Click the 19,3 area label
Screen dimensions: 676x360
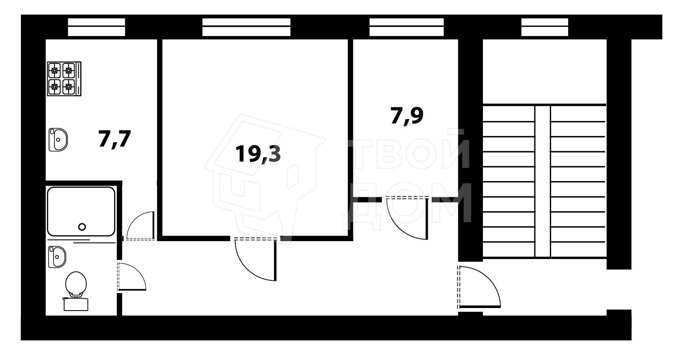click(x=258, y=154)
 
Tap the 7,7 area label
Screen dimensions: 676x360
click(x=114, y=139)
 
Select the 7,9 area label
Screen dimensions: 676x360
click(x=407, y=115)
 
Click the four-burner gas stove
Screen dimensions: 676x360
click(x=64, y=79)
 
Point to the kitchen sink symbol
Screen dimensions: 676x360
click(x=58, y=140)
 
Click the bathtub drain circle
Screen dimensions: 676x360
click(x=82, y=227)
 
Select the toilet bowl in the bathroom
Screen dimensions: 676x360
click(x=76, y=284)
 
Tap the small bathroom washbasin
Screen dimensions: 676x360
click(x=57, y=257)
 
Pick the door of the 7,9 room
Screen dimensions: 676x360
click(x=407, y=218)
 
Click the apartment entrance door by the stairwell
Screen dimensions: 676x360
click(x=479, y=287)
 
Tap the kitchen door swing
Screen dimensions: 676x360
click(x=140, y=226)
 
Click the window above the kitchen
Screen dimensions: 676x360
click(x=97, y=27)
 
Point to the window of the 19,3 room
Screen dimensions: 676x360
click(x=246, y=27)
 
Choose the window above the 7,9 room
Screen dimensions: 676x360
click(x=407, y=27)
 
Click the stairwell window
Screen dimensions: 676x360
click(x=545, y=27)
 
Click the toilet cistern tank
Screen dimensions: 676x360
click(x=76, y=304)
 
